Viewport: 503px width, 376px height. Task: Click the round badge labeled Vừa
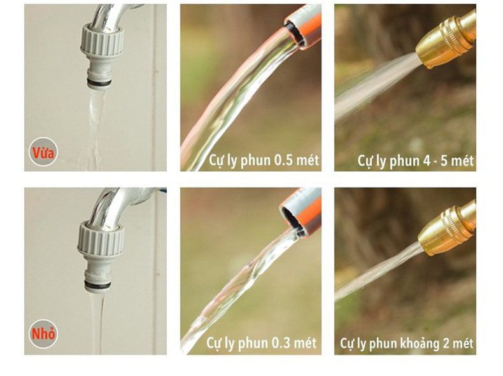(43, 151)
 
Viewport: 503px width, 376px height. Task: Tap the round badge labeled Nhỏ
(43, 333)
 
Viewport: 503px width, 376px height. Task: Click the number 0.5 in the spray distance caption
(283, 160)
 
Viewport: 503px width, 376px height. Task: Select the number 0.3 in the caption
(281, 342)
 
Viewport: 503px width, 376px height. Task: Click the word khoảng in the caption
(420, 344)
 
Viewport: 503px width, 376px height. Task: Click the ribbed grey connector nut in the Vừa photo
(102, 39)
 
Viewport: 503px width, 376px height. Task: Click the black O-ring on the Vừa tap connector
(99, 83)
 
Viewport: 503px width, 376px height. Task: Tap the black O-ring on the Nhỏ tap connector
(98, 284)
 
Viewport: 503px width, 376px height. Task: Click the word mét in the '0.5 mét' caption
(308, 160)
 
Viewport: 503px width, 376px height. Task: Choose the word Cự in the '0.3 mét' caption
(214, 343)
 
